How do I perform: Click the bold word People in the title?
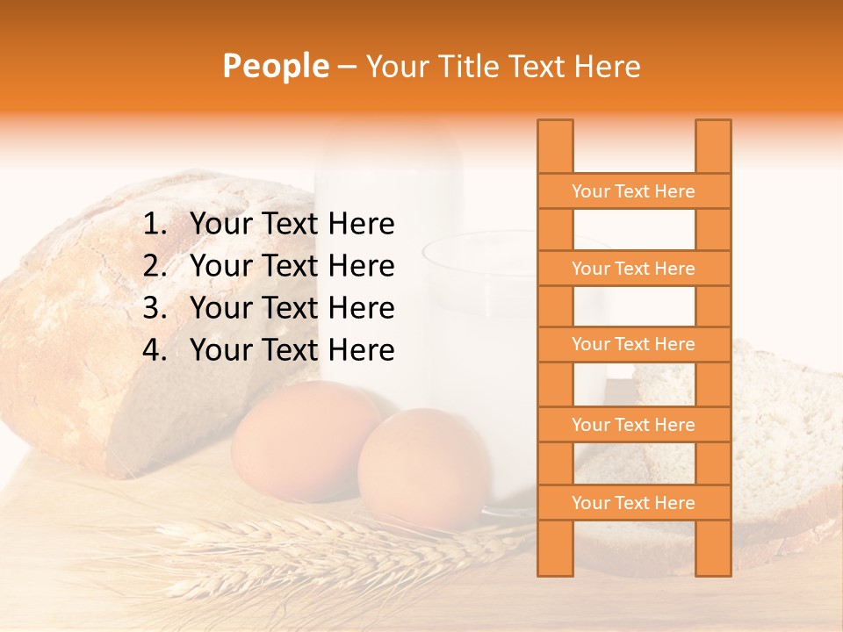(x=275, y=66)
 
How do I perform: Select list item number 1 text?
(x=292, y=225)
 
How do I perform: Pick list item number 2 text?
(x=292, y=266)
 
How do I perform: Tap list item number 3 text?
(x=292, y=308)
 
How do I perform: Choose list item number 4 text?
(x=292, y=350)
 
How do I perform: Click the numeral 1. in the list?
(x=155, y=225)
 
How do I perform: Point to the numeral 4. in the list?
(x=155, y=350)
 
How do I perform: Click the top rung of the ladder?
(x=633, y=191)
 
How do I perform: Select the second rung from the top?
(x=633, y=269)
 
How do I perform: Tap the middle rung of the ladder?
(x=633, y=344)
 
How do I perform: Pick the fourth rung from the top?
(x=633, y=425)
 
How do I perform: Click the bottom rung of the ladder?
(x=633, y=503)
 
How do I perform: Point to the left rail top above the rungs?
(x=555, y=146)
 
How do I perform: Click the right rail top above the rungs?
(x=713, y=146)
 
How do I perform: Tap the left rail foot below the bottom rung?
(x=555, y=548)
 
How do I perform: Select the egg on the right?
(x=421, y=465)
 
